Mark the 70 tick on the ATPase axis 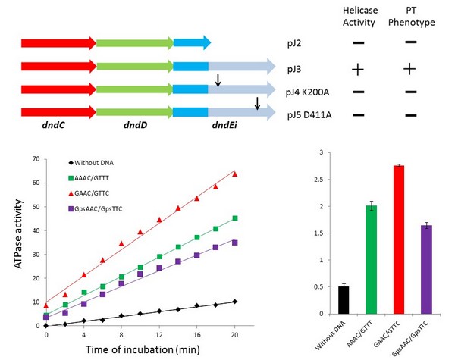[x=33, y=159]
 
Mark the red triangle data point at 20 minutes [x=236, y=174]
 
